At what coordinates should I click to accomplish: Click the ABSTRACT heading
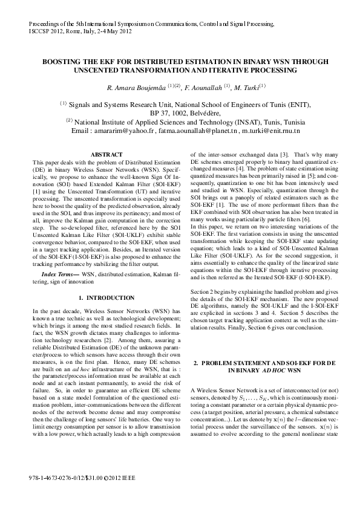(106, 155)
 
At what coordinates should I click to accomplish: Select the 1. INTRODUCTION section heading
(106, 298)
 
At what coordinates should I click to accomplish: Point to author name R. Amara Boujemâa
(136, 88)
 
